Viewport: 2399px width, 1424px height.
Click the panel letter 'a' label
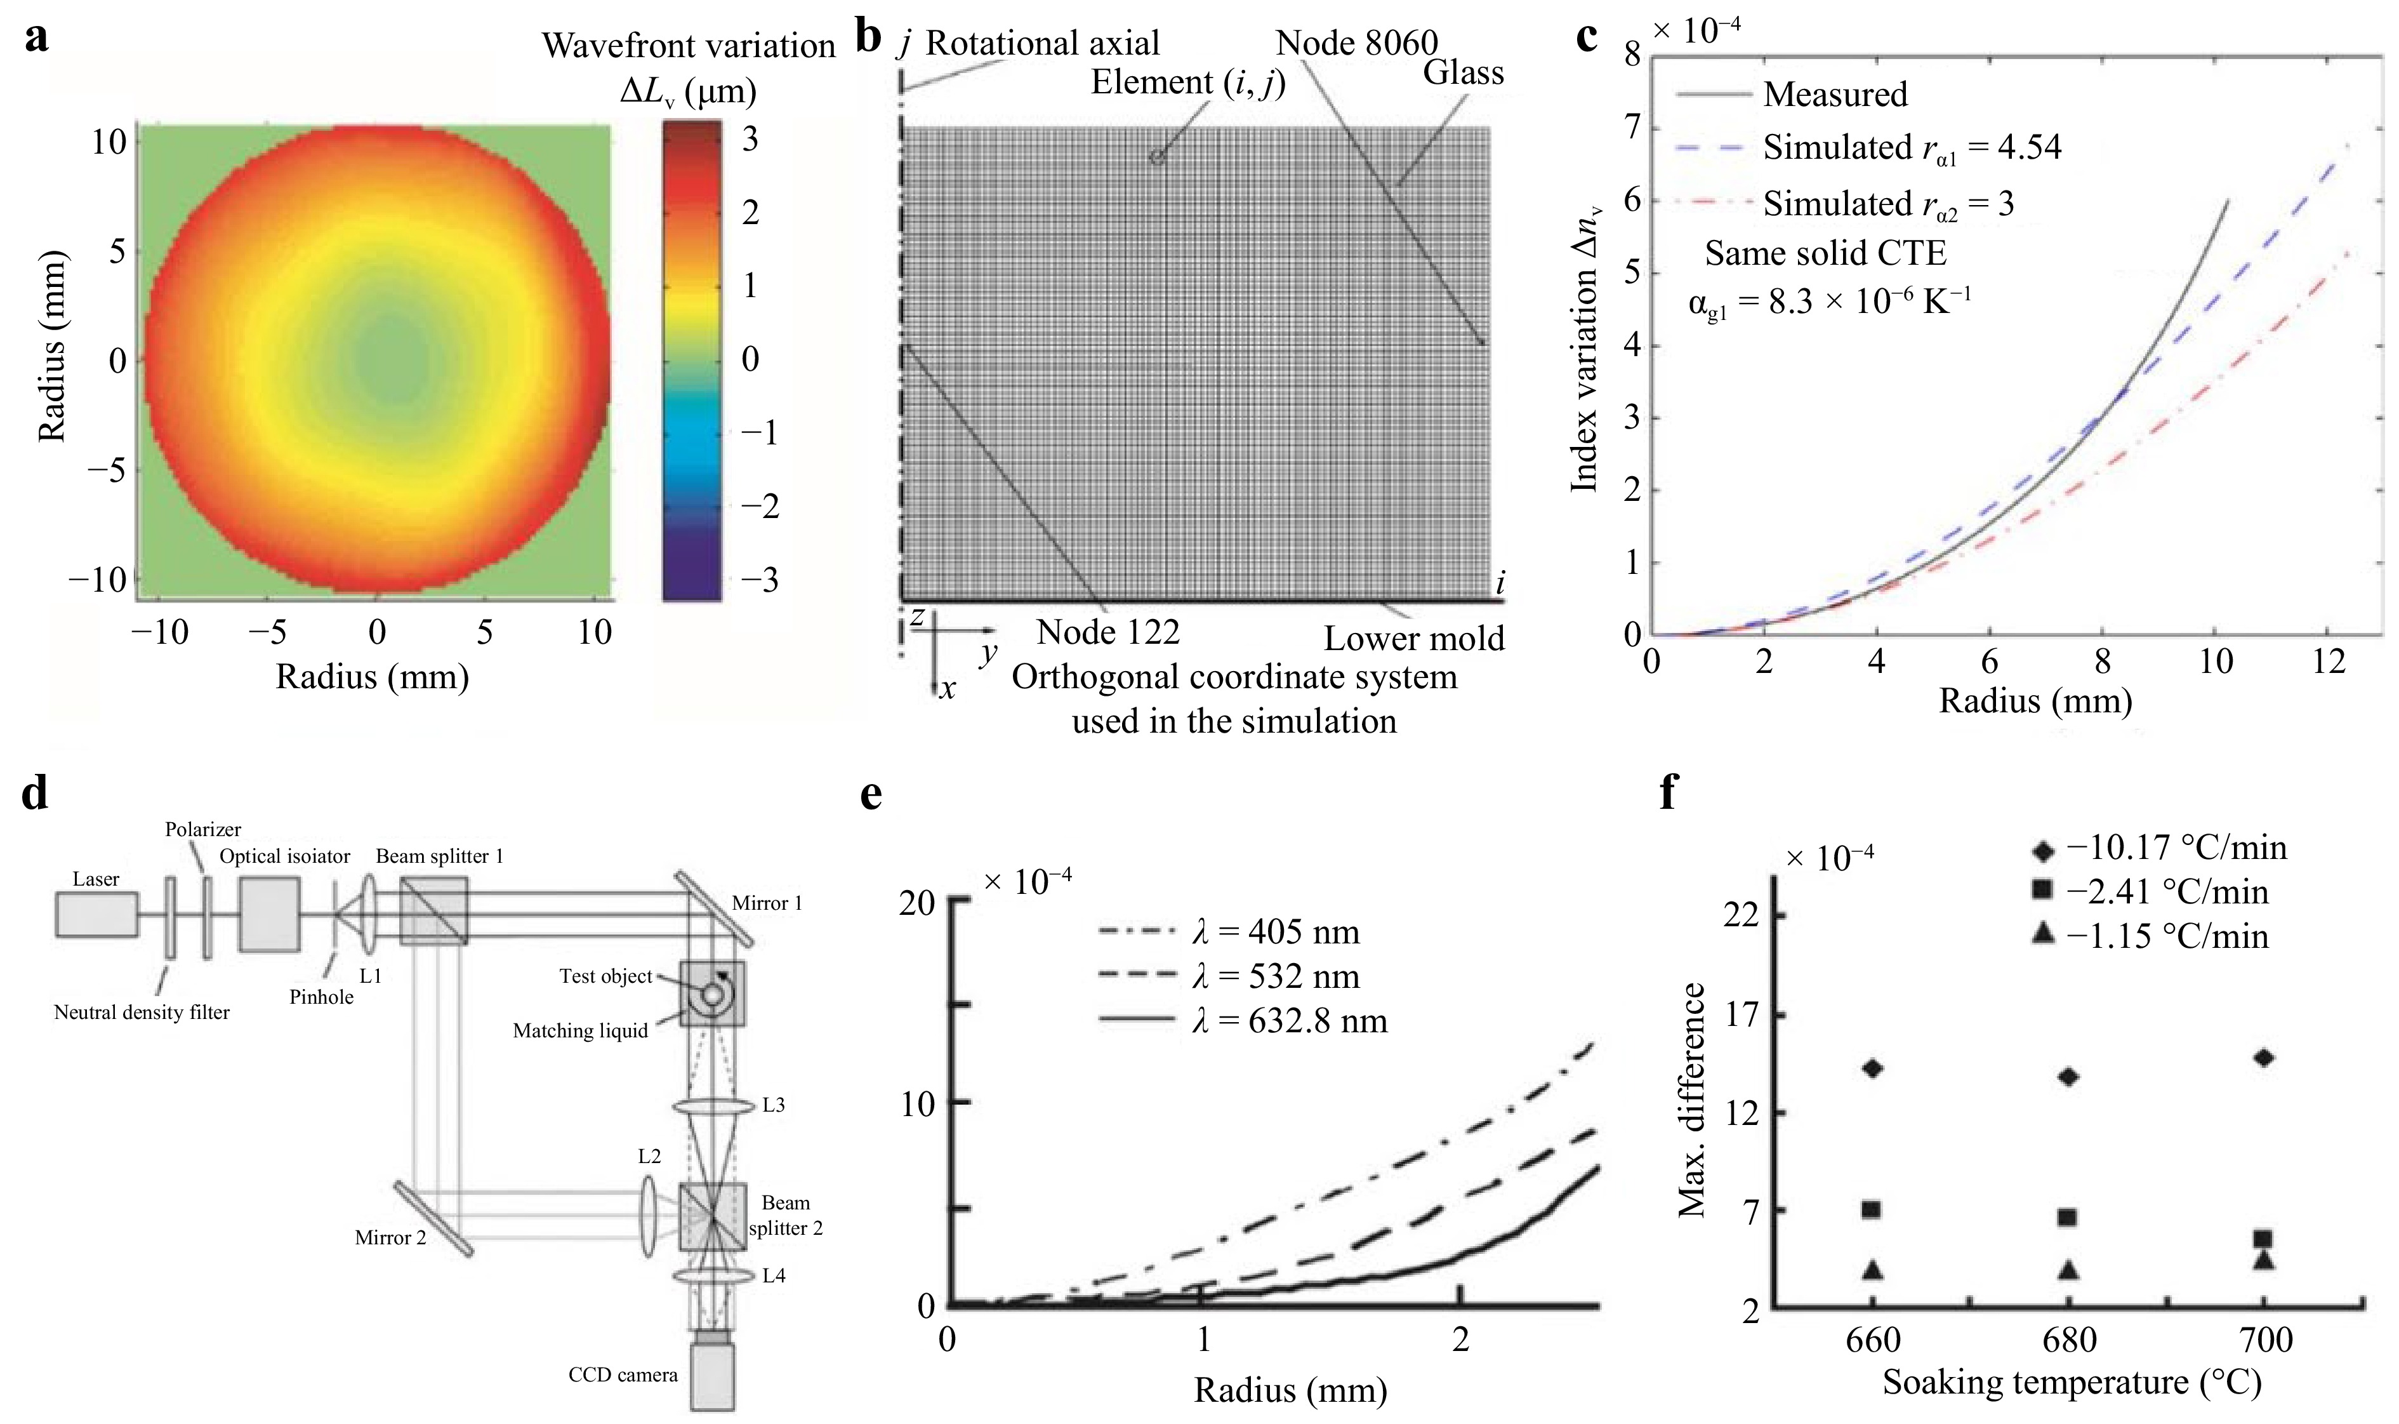click(36, 39)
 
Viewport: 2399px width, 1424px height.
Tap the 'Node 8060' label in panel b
click(1356, 43)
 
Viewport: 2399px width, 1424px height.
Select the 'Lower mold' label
click(1414, 638)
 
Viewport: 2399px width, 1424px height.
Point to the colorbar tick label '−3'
click(760, 580)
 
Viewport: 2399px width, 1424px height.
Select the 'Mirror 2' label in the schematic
click(390, 1238)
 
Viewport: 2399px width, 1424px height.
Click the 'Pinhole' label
click(321, 997)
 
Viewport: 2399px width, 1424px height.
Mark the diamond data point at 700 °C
click(2264, 1058)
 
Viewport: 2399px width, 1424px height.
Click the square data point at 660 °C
click(1870, 1210)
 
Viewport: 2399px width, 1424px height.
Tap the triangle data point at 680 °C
click(2068, 1270)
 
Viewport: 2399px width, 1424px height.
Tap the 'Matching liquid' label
click(580, 1030)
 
